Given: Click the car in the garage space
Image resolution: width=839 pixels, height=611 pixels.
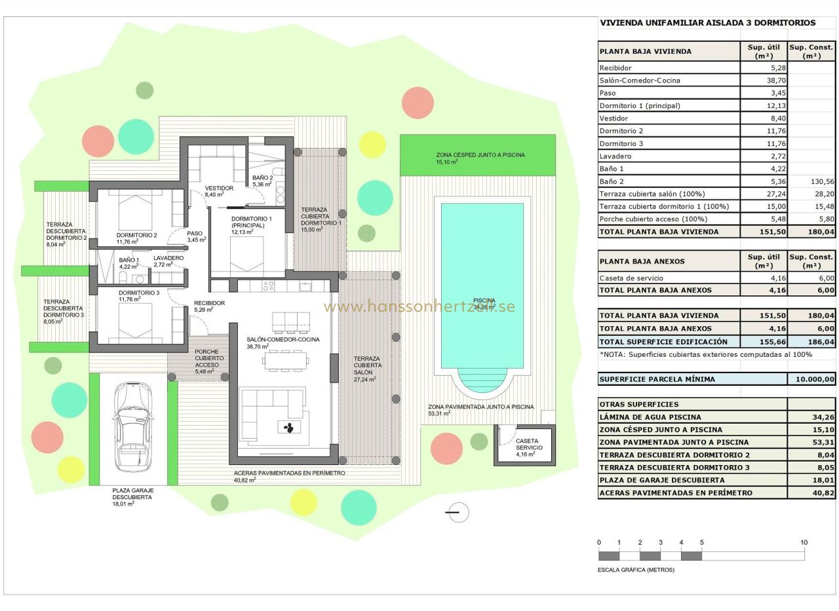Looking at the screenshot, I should point(134,427).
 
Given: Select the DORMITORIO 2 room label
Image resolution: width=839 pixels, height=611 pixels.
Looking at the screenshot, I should point(136,235).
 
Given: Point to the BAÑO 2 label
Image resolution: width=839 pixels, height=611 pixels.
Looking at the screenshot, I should point(262,178).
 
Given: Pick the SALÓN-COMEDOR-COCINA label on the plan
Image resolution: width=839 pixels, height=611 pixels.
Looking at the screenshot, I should point(283,340).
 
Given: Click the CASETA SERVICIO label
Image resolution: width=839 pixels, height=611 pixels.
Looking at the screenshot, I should point(528,445).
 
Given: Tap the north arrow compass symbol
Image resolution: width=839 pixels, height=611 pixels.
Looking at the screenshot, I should point(458,512).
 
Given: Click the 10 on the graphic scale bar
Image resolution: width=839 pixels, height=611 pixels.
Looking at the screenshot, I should point(804,542).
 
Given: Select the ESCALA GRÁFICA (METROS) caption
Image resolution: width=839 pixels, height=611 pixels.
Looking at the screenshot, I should point(636,570).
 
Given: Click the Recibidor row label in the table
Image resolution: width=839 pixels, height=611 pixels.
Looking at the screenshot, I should point(615,68).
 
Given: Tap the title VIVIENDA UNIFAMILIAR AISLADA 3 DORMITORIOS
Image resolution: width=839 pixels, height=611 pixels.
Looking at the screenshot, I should point(708,23).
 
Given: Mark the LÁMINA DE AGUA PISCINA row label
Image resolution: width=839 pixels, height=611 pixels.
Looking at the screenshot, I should point(650,417).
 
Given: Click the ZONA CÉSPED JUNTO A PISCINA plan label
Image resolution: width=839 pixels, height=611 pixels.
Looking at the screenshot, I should point(480,155).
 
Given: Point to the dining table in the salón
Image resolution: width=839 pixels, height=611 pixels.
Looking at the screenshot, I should point(285,360).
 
